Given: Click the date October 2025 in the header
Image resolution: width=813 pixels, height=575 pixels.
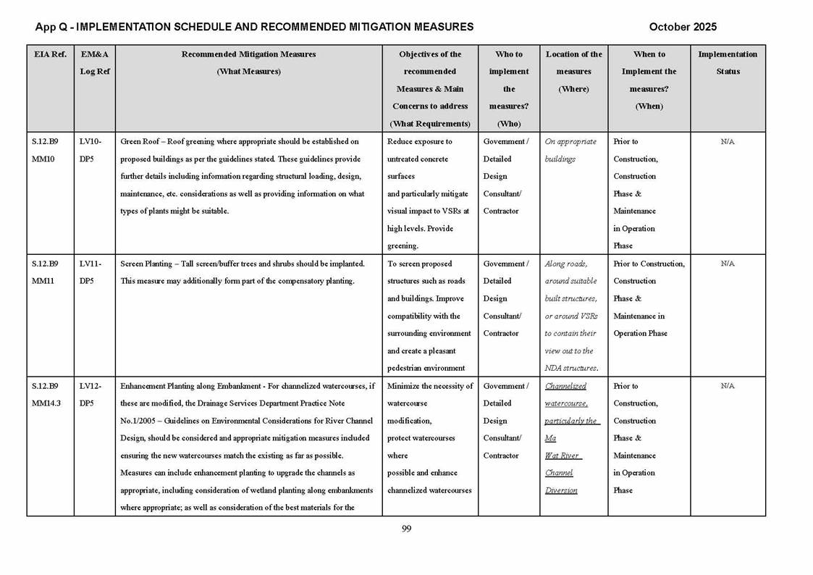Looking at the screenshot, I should (682, 27).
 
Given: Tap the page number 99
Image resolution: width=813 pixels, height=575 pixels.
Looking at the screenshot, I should (406, 529).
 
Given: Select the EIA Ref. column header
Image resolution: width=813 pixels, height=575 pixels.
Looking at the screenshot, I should (50, 54).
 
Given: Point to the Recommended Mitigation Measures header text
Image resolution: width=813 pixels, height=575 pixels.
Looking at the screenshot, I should (248, 54).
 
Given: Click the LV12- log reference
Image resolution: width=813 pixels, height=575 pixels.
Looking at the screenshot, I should (89, 386).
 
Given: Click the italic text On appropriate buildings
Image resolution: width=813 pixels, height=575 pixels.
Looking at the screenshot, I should (570, 150).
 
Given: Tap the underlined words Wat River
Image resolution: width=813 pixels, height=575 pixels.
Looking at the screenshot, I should (563, 456).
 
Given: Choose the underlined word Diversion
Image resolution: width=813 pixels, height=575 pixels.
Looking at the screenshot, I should (561, 490).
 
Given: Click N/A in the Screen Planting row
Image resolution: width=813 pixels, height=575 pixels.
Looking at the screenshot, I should (728, 264).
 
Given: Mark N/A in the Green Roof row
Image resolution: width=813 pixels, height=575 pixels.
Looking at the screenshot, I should (728, 141).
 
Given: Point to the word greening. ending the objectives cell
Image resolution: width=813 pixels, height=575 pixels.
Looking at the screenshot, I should (403, 246).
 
